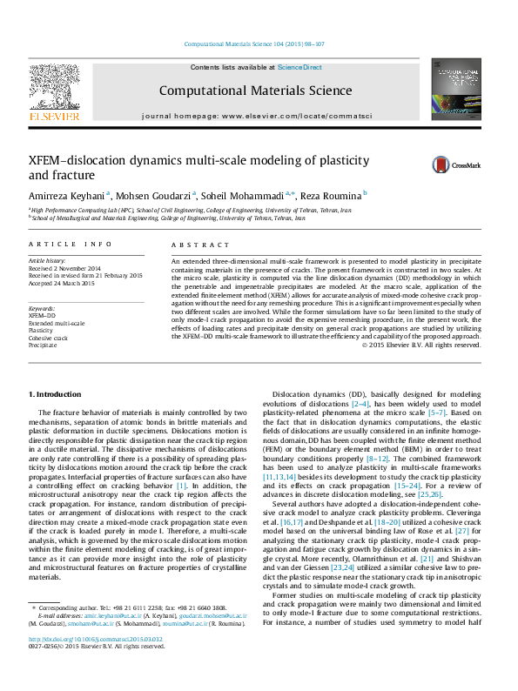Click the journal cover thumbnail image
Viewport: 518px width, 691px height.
[x=455, y=90]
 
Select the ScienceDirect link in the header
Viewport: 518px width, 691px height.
[x=299, y=67]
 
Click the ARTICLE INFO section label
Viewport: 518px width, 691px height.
[x=71, y=245]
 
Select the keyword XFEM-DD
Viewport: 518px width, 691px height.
[x=43, y=316]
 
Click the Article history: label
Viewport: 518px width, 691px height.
[x=48, y=260]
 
